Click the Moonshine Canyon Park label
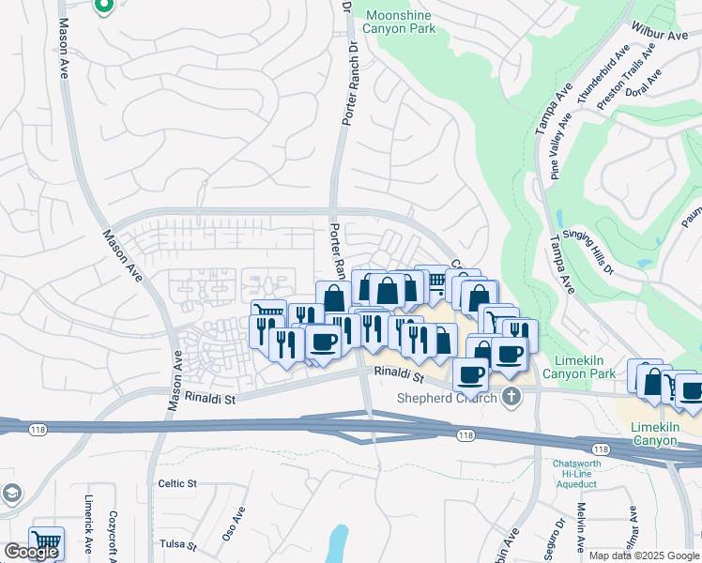pyautogui.click(x=401, y=22)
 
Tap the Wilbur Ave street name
pyautogui.click(x=660, y=35)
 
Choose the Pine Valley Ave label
pyautogui.click(x=562, y=145)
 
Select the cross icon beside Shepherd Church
pyautogui.click(x=511, y=396)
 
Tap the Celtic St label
pyautogui.click(x=176, y=483)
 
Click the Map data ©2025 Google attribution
pyautogui.click(x=644, y=555)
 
